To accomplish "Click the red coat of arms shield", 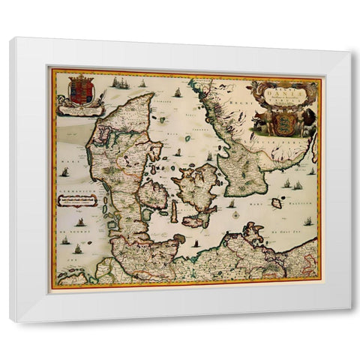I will coord(81,91).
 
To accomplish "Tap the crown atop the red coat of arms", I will coord(81,77).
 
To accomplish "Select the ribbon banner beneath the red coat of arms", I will coord(81,110).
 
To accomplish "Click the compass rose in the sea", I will coord(235,215).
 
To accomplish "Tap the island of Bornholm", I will coord(277,202).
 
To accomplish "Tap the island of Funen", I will coord(154,195).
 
